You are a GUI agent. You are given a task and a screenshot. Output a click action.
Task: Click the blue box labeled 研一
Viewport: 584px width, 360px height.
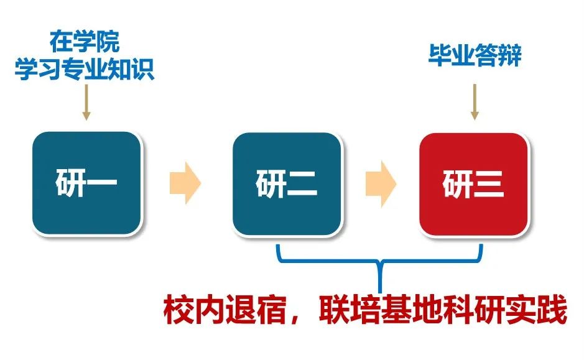tap(87, 183)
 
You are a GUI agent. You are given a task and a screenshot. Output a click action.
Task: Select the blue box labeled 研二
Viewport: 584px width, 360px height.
tap(287, 184)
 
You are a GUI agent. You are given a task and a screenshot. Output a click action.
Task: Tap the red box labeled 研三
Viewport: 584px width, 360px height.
tap(473, 184)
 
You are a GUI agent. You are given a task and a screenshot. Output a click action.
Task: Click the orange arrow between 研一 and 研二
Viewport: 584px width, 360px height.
tap(185, 183)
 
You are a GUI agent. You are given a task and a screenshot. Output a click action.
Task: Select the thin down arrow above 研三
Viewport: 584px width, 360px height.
tap(475, 102)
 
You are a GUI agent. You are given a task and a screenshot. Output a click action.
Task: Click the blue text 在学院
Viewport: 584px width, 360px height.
tap(85, 41)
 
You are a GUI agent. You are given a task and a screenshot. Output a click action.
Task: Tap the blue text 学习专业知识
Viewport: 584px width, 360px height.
tap(85, 69)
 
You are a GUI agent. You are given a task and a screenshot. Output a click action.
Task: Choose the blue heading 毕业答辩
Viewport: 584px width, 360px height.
tap(475, 55)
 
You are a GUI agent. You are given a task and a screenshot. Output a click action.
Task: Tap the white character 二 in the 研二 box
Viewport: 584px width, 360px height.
tap(302, 183)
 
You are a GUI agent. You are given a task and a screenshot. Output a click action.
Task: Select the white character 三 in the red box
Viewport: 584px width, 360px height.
tap(489, 184)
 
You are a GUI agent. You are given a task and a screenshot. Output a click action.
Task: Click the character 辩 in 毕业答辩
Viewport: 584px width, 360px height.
tap(510, 55)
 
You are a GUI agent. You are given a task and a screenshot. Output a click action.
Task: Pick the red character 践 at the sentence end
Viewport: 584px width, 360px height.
tap(552, 310)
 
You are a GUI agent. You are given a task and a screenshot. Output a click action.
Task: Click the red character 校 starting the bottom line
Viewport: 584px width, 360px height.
tap(178, 310)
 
